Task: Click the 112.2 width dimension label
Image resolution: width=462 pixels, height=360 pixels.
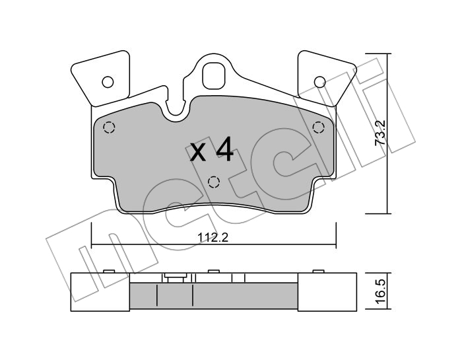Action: [213, 238]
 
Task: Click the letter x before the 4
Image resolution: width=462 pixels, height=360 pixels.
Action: [198, 153]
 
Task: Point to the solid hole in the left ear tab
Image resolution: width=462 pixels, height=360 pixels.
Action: [108, 82]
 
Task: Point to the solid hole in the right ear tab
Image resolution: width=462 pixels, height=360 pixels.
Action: [319, 82]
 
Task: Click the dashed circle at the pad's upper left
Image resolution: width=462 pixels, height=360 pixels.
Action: [109, 127]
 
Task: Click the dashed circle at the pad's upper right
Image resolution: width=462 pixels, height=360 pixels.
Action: [318, 127]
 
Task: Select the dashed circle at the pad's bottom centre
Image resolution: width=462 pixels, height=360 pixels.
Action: [214, 182]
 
